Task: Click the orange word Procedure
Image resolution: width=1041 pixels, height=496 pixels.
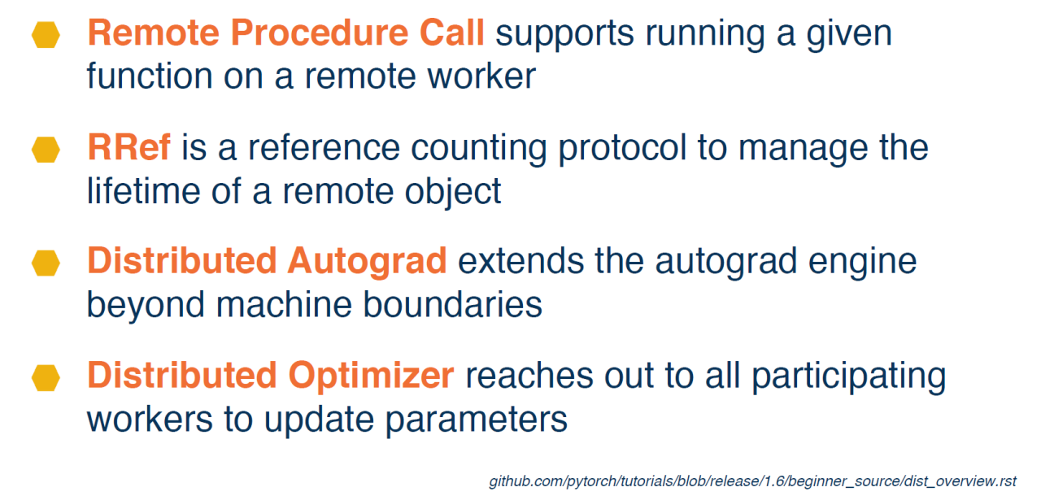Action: pos(320,33)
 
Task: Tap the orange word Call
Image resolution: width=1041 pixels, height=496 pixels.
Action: pos(451,33)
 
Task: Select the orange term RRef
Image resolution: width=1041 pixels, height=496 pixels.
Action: pos(128,148)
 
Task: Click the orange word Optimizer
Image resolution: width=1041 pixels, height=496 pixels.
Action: pos(371,376)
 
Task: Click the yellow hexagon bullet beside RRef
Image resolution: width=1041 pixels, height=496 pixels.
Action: pos(46,150)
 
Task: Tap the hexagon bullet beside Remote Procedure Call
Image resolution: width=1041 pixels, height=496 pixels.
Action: pos(46,35)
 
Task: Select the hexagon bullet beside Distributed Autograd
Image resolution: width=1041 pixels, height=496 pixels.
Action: pos(46,263)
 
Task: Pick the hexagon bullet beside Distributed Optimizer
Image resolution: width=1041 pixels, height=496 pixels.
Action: pos(46,377)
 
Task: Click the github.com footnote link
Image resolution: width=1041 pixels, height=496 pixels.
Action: pos(752,481)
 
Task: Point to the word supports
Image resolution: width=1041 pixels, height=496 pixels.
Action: pos(564,35)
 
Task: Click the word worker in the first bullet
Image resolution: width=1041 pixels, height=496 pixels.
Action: pos(481,76)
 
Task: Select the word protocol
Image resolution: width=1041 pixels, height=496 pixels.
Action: pos(622,150)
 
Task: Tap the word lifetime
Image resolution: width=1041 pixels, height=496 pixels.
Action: pos(144,191)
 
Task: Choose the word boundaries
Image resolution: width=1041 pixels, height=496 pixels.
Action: pos(452,305)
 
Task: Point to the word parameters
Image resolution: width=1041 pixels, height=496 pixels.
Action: pos(477,420)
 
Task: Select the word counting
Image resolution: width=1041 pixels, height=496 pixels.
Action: pos(479,150)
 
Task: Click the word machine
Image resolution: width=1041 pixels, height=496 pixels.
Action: pos(285,305)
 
